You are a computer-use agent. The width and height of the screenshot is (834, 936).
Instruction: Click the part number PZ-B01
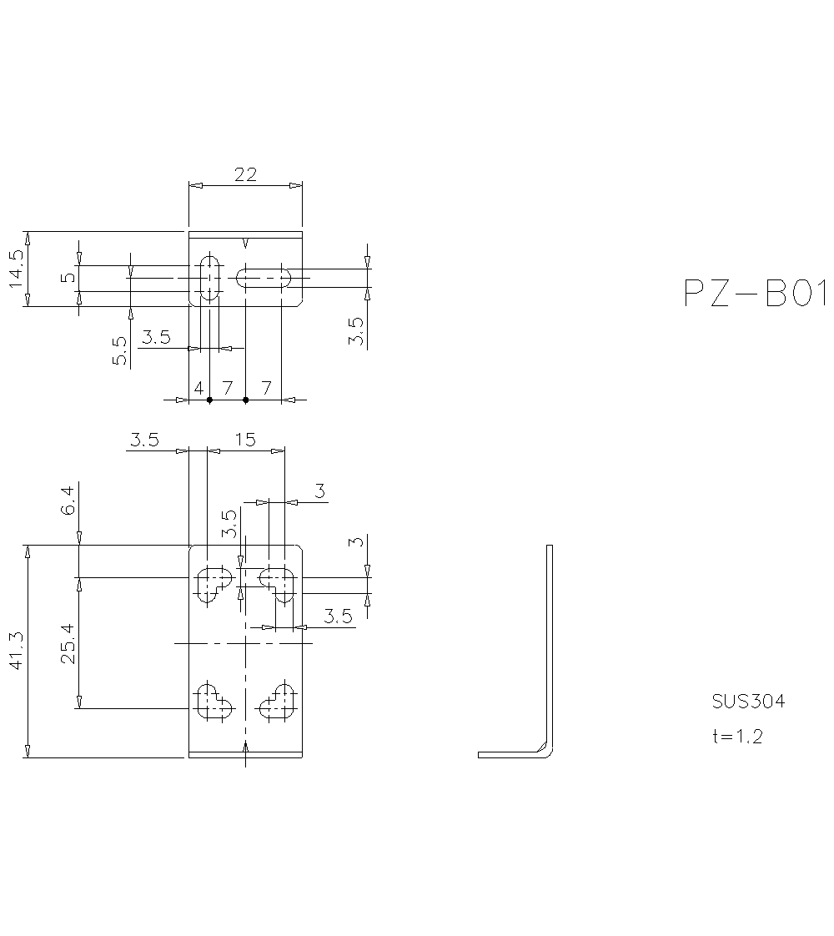755,294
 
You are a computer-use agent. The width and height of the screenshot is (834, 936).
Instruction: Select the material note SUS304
748,702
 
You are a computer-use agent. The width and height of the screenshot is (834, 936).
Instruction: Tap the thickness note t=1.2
736,736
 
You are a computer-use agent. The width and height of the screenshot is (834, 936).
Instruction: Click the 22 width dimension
245,174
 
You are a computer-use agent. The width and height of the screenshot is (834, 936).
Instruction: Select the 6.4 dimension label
68,499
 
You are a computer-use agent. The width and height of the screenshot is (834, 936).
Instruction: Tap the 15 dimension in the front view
245,440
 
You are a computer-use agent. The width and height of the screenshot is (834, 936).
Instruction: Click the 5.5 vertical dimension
119,350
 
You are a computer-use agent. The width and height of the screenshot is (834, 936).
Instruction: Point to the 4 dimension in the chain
198,388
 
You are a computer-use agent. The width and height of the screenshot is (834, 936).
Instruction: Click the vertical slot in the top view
209,277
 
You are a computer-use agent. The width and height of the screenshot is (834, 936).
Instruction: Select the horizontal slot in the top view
264,277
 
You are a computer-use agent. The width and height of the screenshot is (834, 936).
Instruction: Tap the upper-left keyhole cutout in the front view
214,583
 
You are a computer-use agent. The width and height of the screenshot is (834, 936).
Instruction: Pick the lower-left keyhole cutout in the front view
214,702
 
